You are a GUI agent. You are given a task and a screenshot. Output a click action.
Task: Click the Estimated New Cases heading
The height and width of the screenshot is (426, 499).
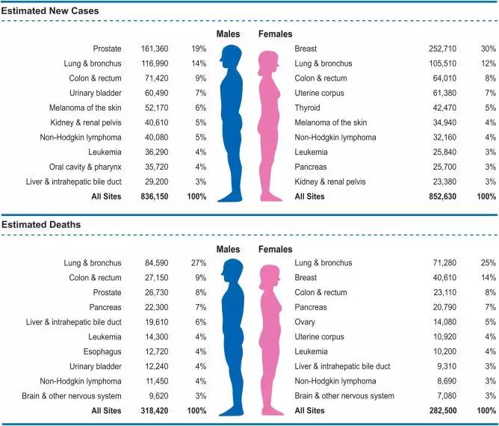click(50, 11)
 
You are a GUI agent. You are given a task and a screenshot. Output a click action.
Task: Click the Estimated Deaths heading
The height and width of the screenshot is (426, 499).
click(41, 225)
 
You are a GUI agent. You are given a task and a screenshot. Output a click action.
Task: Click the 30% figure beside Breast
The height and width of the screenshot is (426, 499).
click(489, 49)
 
